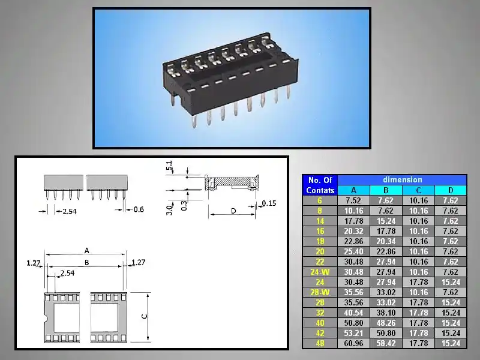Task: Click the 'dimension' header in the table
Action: coord(402,179)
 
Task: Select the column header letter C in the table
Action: coord(418,190)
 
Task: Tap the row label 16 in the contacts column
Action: coord(320,231)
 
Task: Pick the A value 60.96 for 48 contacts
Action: coord(353,343)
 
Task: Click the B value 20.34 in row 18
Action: coord(386,242)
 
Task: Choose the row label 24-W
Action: coord(320,272)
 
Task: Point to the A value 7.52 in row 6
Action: coord(353,201)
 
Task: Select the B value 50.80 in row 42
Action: coord(386,333)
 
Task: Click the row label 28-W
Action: coord(320,292)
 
